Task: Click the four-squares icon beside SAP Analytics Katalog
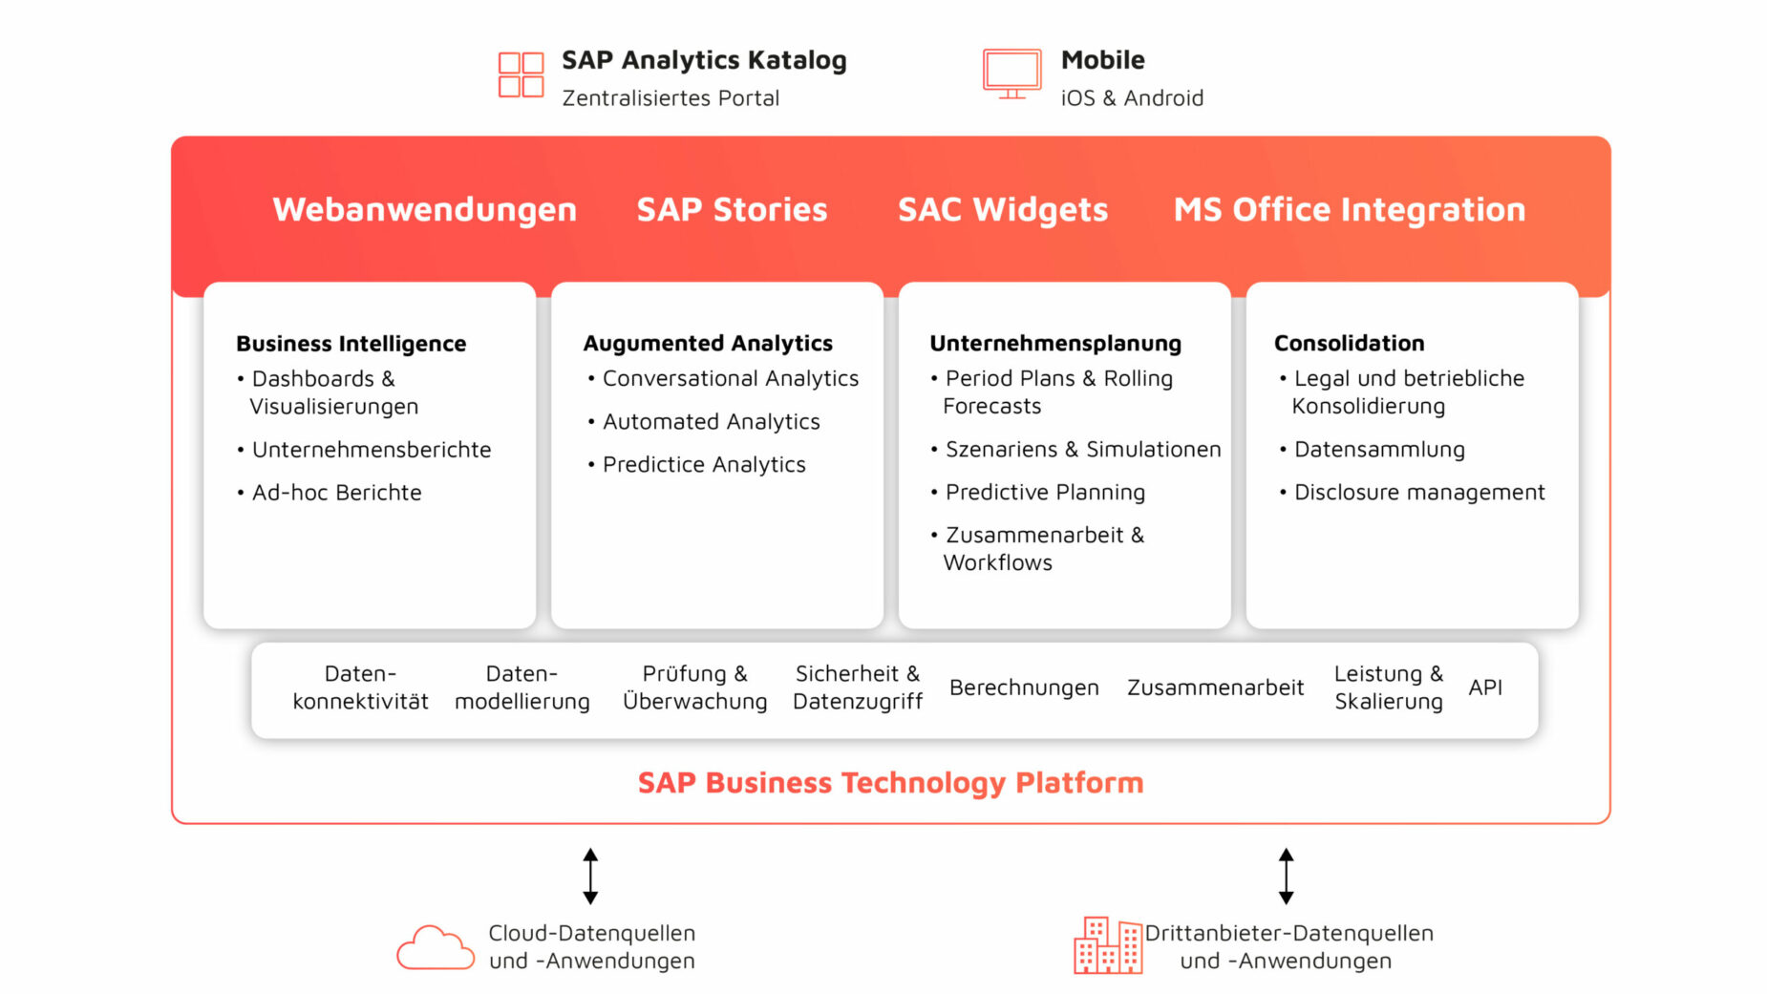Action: [x=521, y=74]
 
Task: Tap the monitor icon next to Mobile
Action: [x=1011, y=74]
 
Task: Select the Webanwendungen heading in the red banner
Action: [x=425, y=210]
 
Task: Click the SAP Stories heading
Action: [x=732, y=210]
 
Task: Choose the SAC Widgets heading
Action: [x=1003, y=210]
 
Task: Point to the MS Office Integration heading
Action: [x=1350, y=210]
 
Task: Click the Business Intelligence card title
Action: [x=351, y=344]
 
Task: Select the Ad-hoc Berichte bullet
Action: [x=330, y=493]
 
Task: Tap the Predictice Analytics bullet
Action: [x=697, y=465]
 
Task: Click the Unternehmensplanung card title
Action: [x=1055, y=344]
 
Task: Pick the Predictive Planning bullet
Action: [x=1038, y=493]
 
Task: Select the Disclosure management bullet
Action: [x=1412, y=493]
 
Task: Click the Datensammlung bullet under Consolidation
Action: [x=1372, y=450]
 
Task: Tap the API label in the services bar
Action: [x=1485, y=687]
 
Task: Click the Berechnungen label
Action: [x=1024, y=687]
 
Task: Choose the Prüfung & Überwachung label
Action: [x=694, y=687]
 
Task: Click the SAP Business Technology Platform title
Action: [x=890, y=783]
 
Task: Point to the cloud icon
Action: [x=436, y=947]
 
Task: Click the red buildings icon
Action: [x=1107, y=944]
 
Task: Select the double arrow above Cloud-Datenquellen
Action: [x=590, y=876]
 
